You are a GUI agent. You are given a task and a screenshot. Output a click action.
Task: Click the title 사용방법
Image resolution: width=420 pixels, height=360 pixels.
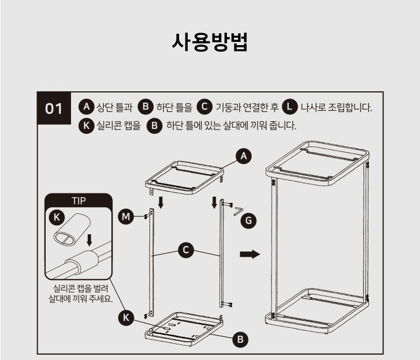click(210, 42)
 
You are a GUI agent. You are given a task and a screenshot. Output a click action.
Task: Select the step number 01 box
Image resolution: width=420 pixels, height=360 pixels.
click(54, 108)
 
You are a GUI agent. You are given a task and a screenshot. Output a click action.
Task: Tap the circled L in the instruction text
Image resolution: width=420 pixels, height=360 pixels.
click(290, 106)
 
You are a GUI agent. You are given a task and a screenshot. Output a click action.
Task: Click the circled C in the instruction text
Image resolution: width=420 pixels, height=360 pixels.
click(204, 106)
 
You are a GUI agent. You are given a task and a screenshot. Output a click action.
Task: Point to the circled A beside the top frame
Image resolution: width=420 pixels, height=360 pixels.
click(244, 156)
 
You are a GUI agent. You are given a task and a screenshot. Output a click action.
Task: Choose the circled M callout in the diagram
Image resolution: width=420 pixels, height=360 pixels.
click(126, 216)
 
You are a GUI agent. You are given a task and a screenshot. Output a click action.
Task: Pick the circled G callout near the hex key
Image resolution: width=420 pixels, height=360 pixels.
click(248, 221)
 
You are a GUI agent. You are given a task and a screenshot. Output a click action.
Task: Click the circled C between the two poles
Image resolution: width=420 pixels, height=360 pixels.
click(186, 250)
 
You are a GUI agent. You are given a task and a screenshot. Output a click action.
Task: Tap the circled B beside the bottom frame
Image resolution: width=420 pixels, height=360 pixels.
click(240, 340)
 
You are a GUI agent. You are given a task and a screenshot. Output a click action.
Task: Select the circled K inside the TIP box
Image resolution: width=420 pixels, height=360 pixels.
click(57, 217)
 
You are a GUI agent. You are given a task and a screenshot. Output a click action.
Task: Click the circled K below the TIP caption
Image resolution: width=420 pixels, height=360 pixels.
click(126, 318)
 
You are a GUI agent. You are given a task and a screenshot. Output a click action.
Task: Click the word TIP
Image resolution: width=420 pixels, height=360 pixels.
click(79, 201)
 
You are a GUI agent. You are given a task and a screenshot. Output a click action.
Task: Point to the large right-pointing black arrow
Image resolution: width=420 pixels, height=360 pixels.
click(250, 254)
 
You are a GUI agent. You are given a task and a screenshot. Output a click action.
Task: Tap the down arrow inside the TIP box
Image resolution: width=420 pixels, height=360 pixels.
click(89, 240)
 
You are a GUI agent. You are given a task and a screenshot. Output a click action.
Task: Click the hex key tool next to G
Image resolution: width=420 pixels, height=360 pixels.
click(238, 211)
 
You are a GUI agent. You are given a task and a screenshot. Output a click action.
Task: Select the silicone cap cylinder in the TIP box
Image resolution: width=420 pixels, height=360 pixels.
click(72, 229)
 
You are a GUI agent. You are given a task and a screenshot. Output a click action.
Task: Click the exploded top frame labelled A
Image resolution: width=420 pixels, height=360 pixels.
click(185, 178)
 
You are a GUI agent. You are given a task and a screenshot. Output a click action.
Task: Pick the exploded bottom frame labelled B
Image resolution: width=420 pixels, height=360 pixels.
click(184, 329)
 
